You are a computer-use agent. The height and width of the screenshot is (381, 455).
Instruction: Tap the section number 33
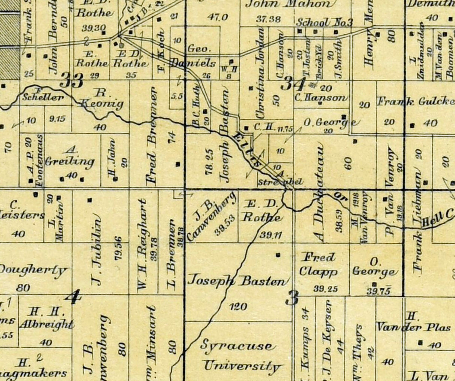[x=72, y=80]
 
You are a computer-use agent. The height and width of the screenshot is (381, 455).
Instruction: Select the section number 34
[x=292, y=83]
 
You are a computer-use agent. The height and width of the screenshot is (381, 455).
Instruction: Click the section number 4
[x=73, y=297]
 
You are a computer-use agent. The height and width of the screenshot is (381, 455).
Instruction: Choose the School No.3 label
[x=325, y=22]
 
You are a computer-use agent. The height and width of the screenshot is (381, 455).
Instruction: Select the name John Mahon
[x=289, y=4]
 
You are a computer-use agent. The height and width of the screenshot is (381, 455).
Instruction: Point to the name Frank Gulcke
[x=415, y=101]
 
